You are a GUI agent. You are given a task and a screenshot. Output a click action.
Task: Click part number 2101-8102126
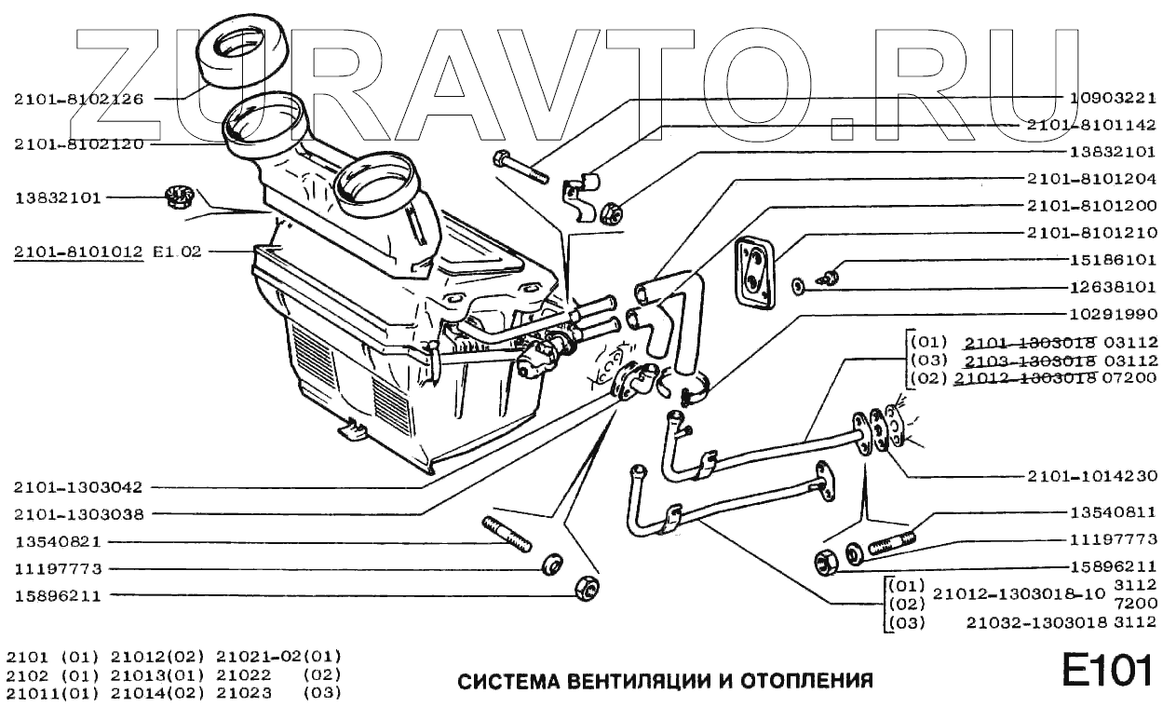pos(79,99)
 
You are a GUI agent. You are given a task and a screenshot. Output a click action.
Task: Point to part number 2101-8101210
pos(1092,232)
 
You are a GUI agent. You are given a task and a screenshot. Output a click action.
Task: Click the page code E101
pos(1107,669)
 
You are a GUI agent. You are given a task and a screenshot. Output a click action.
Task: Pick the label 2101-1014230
pos(1092,476)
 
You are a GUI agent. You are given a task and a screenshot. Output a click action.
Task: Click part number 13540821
pos(59,541)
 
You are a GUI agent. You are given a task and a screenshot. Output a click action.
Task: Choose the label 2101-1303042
pos(79,486)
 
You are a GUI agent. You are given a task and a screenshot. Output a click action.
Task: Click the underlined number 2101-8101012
pos(79,252)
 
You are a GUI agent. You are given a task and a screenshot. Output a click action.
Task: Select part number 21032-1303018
pos(1020,621)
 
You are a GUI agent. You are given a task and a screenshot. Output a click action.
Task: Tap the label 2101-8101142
pos(1092,124)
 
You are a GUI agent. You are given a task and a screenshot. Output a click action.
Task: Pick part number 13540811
pos(1112,511)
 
